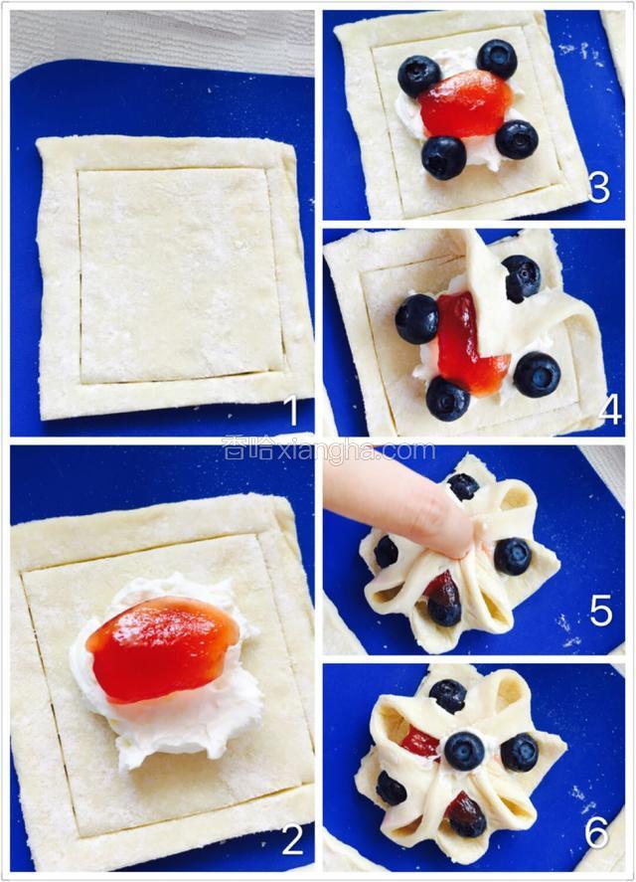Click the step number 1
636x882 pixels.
tap(292, 410)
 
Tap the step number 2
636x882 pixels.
tap(292, 840)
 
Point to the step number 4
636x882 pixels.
tap(609, 409)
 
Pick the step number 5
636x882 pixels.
tap(600, 611)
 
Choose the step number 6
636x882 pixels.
tap(597, 832)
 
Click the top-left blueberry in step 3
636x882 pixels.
tap(419, 76)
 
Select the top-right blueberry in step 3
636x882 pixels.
tap(497, 59)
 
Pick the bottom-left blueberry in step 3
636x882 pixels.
tap(443, 157)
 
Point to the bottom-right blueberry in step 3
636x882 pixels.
tap(517, 139)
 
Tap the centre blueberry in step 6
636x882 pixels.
tap(464, 751)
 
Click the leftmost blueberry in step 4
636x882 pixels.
tap(417, 318)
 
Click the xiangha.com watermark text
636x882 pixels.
tap(329, 450)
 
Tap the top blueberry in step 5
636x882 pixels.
tap(463, 486)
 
